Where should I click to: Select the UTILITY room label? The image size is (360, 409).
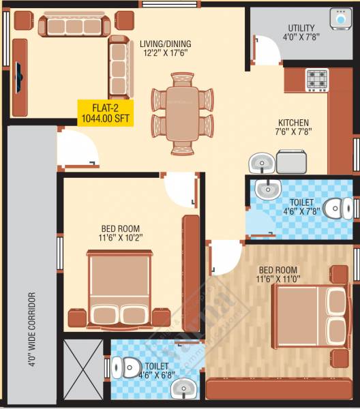click(301, 28)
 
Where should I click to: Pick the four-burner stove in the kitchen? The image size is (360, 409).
click(316, 80)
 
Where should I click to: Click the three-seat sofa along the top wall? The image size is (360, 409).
click(74, 27)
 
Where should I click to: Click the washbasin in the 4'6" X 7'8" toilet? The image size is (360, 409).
click(267, 188)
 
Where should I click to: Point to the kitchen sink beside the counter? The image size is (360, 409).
click(260, 164)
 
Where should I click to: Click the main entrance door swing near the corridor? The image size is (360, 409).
click(76, 149)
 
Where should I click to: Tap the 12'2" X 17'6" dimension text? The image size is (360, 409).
click(165, 52)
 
